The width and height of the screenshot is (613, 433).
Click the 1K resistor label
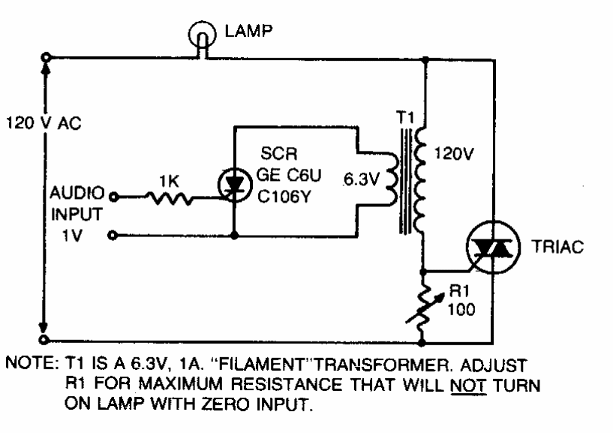(167, 180)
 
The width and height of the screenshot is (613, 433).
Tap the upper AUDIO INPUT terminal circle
(113, 197)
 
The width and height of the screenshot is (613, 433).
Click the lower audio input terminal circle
(113, 236)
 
